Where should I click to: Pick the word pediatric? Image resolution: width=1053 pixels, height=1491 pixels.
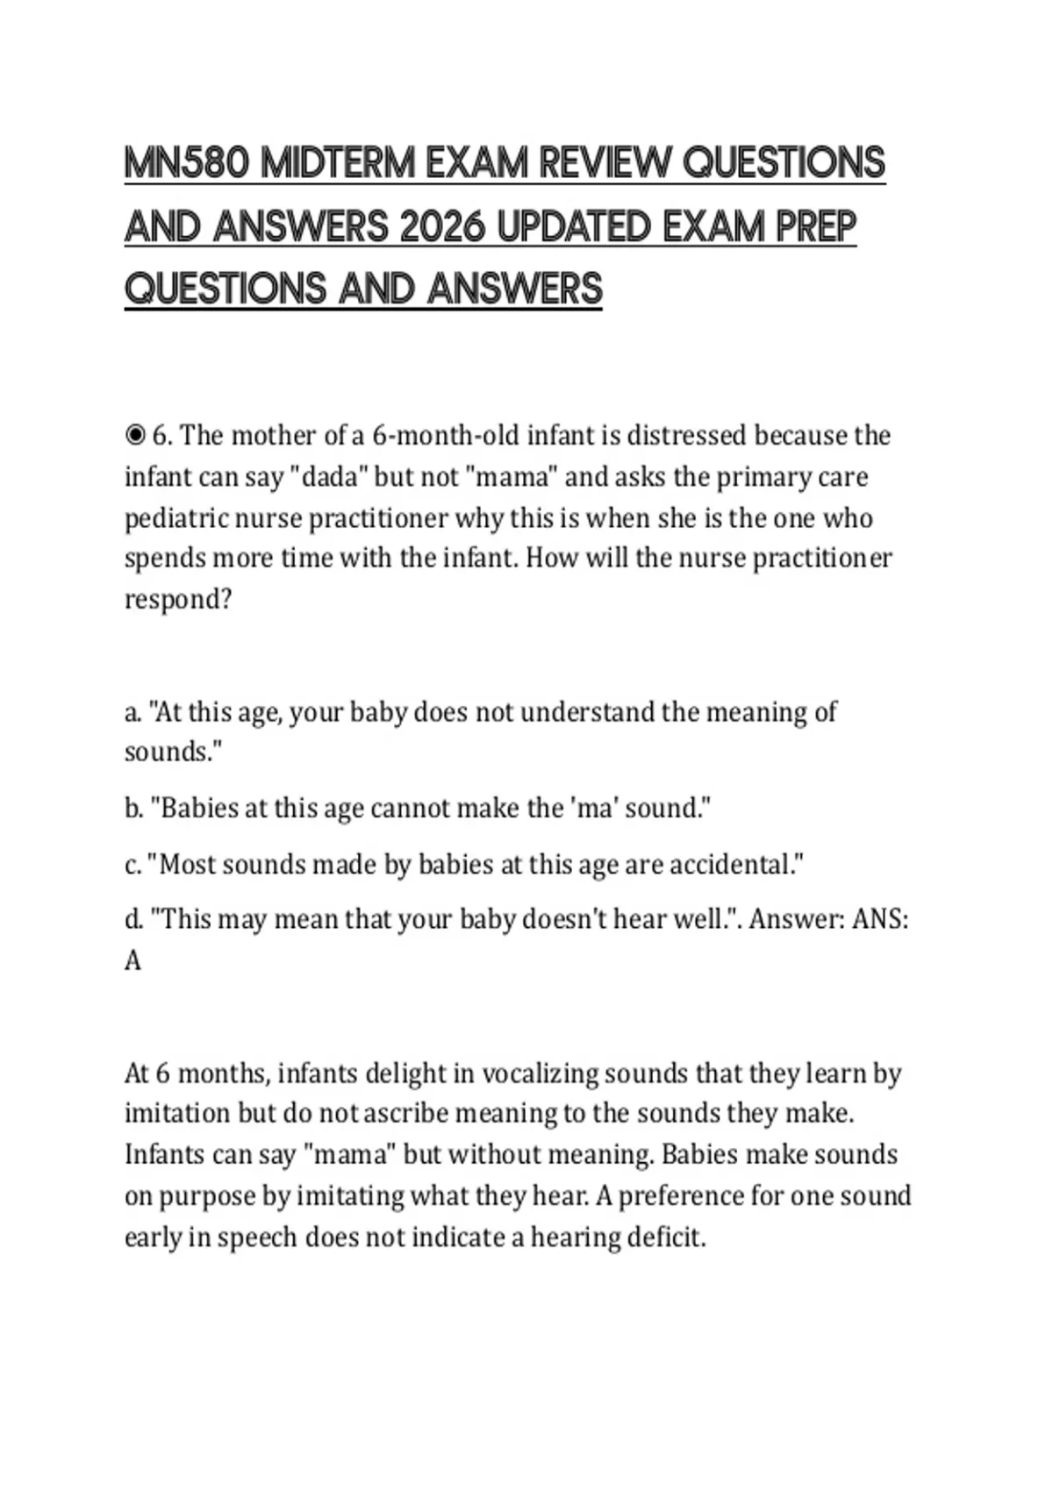173,518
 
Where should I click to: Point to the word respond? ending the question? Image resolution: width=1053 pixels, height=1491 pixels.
177,600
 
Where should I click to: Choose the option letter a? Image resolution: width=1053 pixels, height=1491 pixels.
133,711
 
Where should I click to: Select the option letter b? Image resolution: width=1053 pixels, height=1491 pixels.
133,808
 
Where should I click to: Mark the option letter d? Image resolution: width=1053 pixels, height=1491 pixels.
133,919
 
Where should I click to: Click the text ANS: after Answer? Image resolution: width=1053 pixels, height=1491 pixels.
880,919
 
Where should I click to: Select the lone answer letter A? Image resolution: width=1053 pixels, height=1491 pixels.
133,961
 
